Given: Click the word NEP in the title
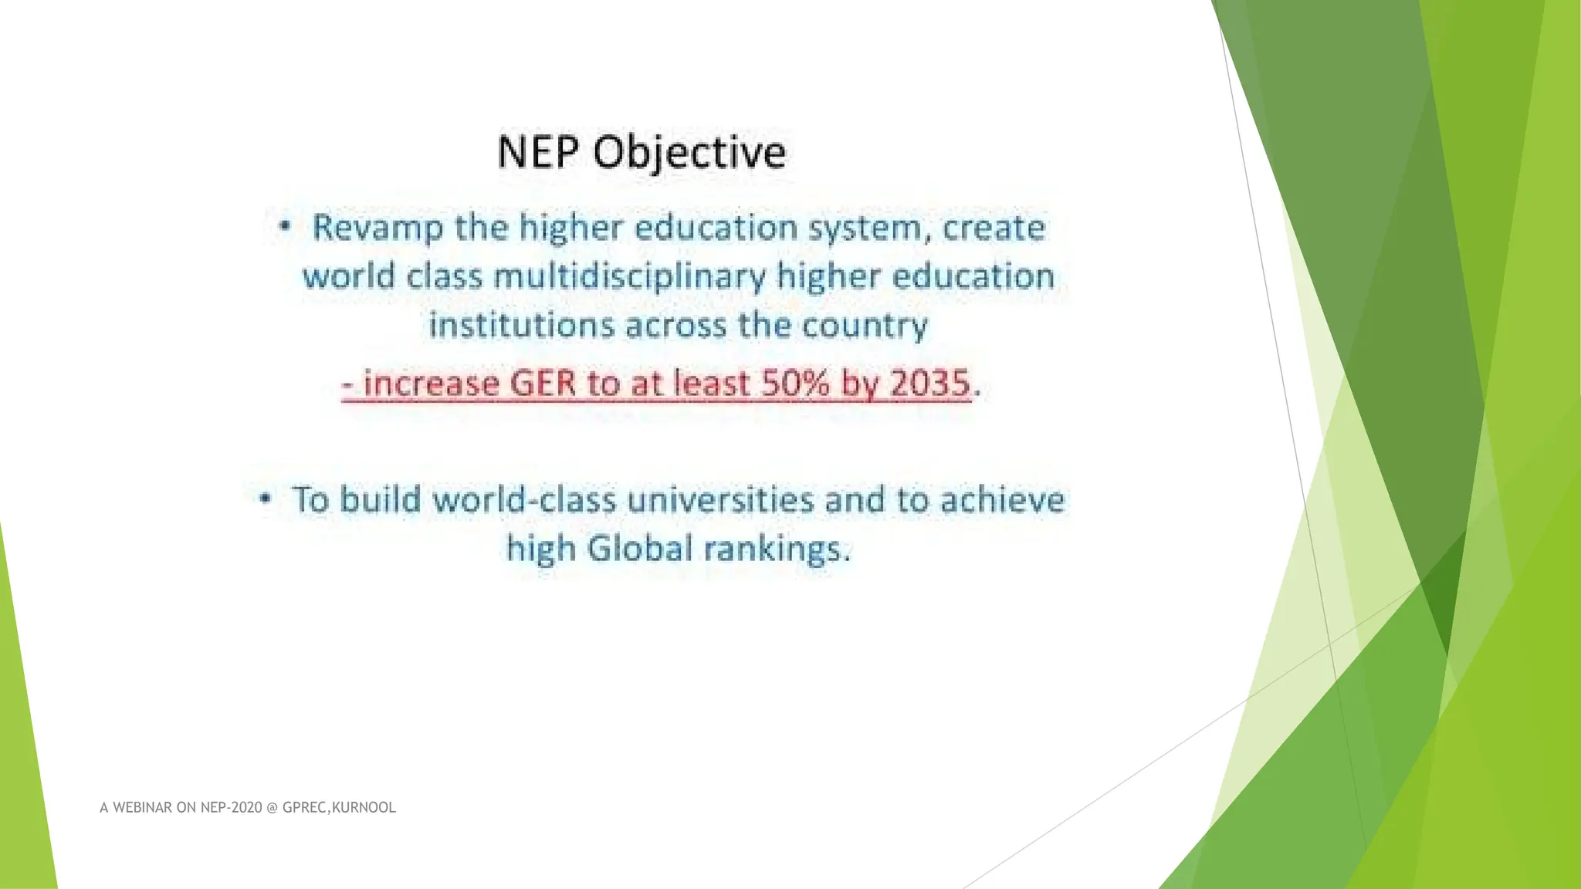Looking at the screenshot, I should [x=537, y=152].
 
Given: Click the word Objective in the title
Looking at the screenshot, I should [x=689, y=152].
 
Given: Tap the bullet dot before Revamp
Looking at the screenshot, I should [x=285, y=227].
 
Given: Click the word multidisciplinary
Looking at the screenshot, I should [x=629, y=276].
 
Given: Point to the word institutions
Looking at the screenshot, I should [x=522, y=325].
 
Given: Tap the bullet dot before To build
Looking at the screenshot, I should [x=265, y=499].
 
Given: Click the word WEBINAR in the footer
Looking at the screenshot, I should [x=143, y=808].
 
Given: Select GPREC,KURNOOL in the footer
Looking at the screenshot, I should [x=339, y=808].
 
